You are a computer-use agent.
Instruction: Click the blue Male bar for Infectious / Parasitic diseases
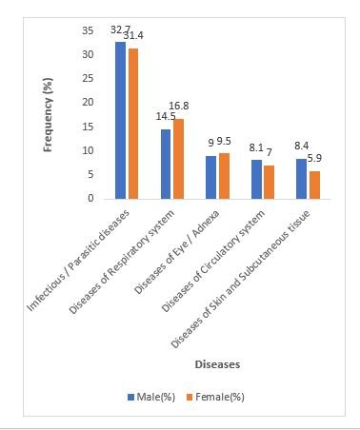120,121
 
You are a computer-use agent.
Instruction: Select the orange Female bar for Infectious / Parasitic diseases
132,124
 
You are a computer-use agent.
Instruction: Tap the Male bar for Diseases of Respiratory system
166,165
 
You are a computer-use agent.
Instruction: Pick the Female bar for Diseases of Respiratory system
178,159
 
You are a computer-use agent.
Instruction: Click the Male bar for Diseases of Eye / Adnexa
210,178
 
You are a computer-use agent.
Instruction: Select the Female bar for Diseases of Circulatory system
269,183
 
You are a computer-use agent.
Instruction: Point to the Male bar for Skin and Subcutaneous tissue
301,179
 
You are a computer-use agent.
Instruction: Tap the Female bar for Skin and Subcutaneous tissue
314,186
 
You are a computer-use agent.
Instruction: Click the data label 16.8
179,106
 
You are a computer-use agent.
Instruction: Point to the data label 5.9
314,158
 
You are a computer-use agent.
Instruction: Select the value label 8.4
302,146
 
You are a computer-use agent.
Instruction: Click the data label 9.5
224,142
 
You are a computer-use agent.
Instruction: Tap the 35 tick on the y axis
88,30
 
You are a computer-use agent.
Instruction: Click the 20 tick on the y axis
88,102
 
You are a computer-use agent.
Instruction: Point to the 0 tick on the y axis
91,198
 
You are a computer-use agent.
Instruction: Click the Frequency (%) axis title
48,115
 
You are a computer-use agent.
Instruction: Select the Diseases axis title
217,364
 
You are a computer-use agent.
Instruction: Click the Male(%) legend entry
151,397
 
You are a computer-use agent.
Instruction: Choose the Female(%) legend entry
215,397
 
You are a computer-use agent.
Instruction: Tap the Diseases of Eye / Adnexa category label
176,252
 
